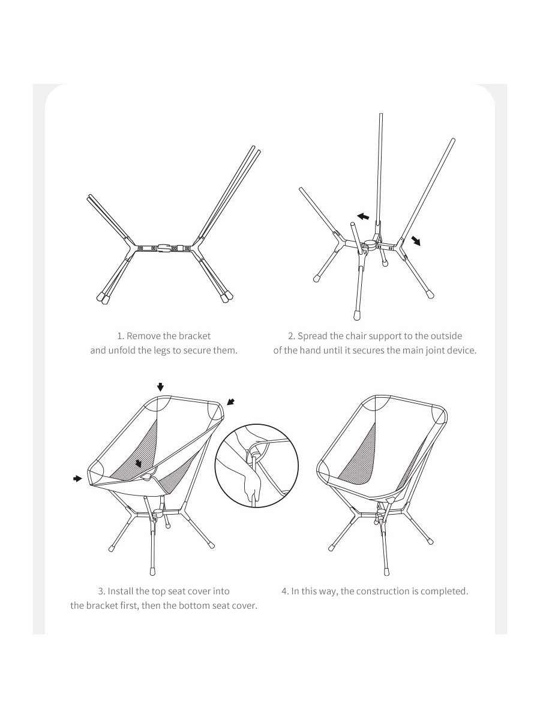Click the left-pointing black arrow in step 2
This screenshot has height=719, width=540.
[363, 216]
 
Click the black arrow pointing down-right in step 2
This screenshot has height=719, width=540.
[416, 241]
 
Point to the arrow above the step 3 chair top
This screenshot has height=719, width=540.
[160, 387]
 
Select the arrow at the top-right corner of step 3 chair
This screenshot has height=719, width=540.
[231, 401]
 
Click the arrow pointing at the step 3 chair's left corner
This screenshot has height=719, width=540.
[77, 479]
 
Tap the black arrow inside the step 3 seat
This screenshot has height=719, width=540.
[139, 463]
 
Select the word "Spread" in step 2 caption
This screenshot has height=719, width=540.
[313, 336]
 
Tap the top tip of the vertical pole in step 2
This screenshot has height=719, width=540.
[380, 114]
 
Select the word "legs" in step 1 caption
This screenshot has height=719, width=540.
[162, 351]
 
